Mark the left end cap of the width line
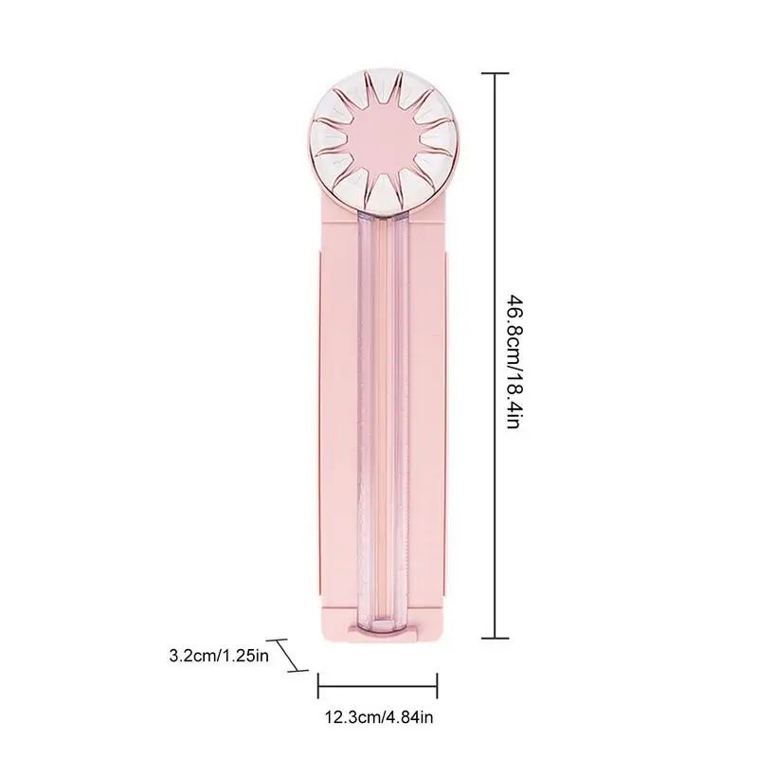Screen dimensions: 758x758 318,684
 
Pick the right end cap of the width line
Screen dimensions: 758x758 438,684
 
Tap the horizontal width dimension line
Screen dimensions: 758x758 378,684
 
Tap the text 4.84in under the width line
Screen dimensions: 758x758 408,719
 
